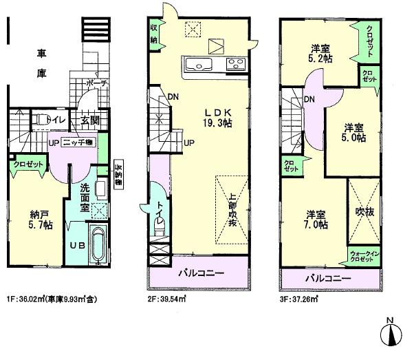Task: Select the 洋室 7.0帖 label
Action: tap(317, 218)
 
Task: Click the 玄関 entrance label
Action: tap(89, 121)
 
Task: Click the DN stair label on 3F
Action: tap(310, 100)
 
